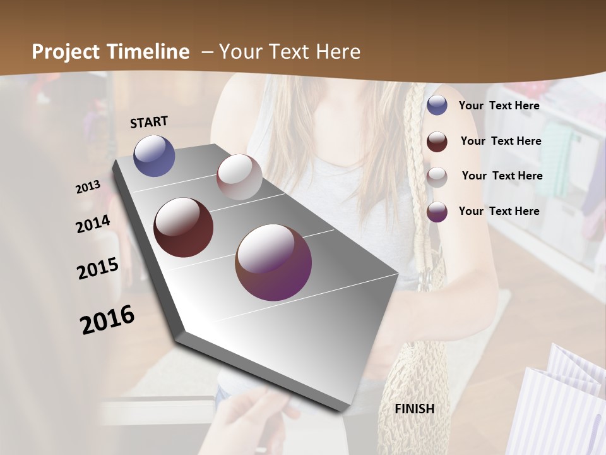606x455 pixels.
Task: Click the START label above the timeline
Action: point(149,122)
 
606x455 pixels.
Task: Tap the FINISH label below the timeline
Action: point(414,409)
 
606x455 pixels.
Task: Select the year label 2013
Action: point(88,187)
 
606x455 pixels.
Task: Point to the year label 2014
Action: point(93,224)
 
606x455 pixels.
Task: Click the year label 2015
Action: point(98,269)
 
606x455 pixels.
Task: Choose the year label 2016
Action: point(107,320)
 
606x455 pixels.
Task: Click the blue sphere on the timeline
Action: point(155,155)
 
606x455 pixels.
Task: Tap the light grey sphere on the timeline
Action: point(239,177)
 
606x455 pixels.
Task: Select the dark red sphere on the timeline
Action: point(184,227)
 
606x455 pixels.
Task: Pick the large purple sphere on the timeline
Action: point(273,262)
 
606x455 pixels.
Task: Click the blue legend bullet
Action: point(437,105)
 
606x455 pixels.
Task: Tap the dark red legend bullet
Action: point(437,142)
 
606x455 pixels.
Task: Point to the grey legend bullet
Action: point(437,177)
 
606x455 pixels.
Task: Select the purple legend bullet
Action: point(437,212)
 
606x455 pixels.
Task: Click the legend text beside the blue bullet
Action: point(499,106)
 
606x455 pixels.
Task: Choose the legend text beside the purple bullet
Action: point(499,211)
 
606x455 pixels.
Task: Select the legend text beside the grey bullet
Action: point(502,176)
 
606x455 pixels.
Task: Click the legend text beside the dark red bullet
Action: point(501,141)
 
